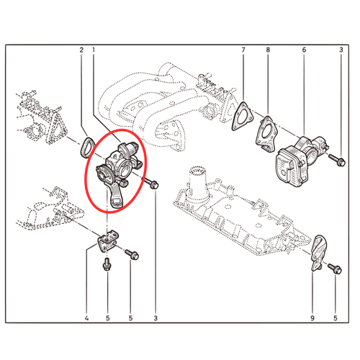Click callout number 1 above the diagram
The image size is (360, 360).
coord(94,50)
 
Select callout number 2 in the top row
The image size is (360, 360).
coord(81,50)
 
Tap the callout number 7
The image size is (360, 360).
coord(243,50)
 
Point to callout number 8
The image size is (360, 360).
coord(268,50)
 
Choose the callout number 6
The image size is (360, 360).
coord(304,50)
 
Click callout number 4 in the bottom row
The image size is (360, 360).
coord(86,318)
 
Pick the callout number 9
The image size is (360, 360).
coord(312,318)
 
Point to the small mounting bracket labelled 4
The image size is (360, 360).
coord(108,241)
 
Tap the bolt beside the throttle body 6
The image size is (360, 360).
coord(337,160)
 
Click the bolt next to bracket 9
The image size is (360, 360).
coord(335,269)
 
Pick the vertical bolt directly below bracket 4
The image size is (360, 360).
coord(107,264)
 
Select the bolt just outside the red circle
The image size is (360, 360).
coord(150,183)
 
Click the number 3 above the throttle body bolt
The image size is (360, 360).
coord(341,50)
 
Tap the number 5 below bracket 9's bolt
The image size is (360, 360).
coord(336,318)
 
